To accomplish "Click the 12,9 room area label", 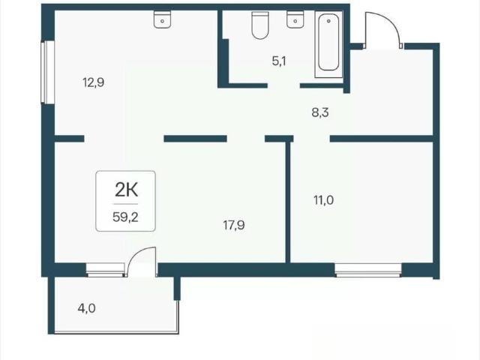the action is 93,82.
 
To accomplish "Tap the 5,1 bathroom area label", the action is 279,61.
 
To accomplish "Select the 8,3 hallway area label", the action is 320,112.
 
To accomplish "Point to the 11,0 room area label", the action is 323,200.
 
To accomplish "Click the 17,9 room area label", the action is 234,225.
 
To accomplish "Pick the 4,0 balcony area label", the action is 87,308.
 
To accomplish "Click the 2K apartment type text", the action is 127,190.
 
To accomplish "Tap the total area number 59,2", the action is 125,217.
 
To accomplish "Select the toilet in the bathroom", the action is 260,25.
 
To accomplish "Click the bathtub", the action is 328,44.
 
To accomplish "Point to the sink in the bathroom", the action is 295,19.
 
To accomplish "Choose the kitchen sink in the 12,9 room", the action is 162,19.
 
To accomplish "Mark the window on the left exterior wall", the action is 48,72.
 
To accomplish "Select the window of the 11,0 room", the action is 368,270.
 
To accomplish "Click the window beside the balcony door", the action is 105,270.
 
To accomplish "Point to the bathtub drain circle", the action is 328,21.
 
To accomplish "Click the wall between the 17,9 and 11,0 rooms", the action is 288,202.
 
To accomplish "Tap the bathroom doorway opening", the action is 283,85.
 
